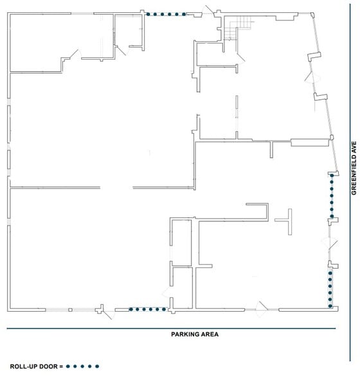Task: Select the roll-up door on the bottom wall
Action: [148, 309]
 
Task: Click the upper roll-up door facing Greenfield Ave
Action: [332, 196]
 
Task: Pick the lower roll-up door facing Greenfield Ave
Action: [330, 288]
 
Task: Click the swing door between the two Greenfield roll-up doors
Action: [329, 243]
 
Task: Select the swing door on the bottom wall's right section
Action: [262, 309]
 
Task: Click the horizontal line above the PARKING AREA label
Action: [172, 328]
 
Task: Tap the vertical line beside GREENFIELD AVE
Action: [346, 193]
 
